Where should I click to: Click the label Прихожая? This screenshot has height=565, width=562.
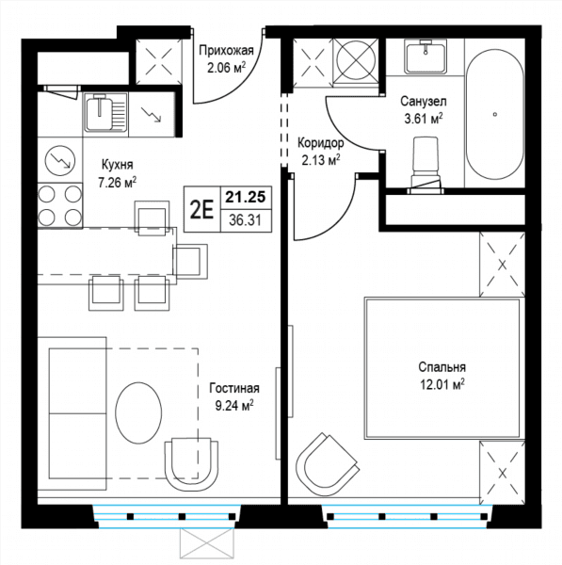226,51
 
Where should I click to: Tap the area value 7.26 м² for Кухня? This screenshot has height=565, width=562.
118,183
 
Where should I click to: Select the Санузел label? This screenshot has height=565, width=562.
424,102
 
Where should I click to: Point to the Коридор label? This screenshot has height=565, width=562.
321,143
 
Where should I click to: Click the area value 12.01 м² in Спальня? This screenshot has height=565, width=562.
442,384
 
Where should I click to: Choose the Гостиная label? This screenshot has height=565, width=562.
234,388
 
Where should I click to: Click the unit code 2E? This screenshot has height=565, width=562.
201,210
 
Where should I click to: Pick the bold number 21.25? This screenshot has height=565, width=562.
246,197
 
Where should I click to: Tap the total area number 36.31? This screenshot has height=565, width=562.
246,219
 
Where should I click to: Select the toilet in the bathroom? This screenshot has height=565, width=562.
426,165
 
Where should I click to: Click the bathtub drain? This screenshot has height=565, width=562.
495,114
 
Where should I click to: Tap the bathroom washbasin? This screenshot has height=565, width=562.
426,56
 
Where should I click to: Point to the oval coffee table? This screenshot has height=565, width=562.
138,412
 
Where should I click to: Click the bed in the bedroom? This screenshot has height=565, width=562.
443,367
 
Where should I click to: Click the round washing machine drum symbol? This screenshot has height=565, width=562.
356,59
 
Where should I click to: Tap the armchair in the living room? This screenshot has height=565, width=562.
191,464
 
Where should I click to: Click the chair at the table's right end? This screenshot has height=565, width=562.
190,261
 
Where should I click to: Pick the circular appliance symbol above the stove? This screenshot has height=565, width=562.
60,161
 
